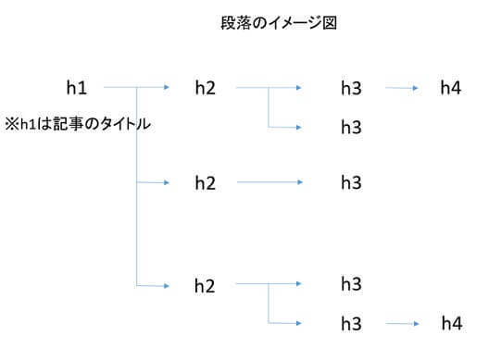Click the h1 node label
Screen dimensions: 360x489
77,88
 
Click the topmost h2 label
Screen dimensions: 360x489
205,88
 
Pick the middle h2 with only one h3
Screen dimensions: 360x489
205,183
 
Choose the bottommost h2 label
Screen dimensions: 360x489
205,286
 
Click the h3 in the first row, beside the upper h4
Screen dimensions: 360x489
351,88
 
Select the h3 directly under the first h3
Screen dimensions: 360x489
351,127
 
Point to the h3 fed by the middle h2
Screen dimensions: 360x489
351,183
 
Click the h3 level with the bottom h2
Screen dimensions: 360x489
351,282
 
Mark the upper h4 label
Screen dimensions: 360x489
451,88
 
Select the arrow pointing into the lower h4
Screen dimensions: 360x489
404,324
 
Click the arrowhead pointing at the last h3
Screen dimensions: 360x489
298,323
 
